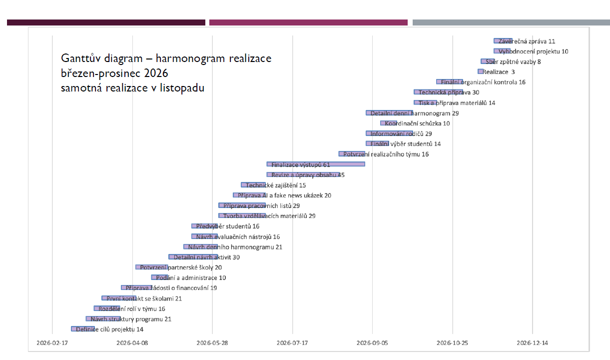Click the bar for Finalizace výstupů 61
[x=316, y=164]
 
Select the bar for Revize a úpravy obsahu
[x=303, y=174]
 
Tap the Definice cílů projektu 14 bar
[x=82, y=329]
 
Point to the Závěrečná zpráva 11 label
[x=527, y=41]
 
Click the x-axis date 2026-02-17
[x=52, y=343]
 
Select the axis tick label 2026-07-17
[x=292, y=343]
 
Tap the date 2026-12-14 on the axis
[x=533, y=343]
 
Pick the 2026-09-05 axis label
[x=372, y=343]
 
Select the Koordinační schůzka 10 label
[x=417, y=123]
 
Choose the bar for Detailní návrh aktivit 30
[x=193, y=257]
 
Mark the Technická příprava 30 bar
[x=438, y=92]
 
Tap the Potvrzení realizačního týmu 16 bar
[x=352, y=154]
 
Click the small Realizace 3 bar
[x=480, y=71]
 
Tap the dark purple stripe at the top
[x=106, y=22]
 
